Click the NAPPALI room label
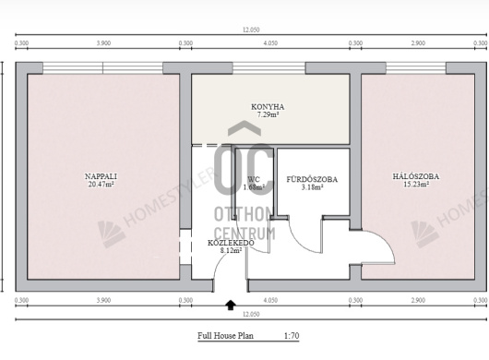click(x=101, y=176)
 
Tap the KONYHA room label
click(x=268, y=107)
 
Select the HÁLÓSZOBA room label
click(x=416, y=176)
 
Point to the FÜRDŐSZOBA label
click(x=312, y=179)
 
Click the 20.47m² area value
click(x=101, y=184)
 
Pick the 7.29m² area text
click(x=268, y=114)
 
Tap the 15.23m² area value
click(x=416, y=184)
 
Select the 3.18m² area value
click(x=312, y=187)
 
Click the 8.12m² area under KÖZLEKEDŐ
click(x=231, y=250)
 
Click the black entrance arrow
click(x=231, y=305)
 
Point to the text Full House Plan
click(x=225, y=336)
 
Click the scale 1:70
click(x=292, y=336)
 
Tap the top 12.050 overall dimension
click(x=251, y=30)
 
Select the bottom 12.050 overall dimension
click(x=251, y=314)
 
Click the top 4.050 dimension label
click(x=270, y=43)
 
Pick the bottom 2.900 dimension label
click(x=418, y=300)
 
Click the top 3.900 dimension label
click(x=103, y=43)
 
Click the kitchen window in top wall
click(x=268, y=68)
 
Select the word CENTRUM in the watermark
click(x=244, y=234)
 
